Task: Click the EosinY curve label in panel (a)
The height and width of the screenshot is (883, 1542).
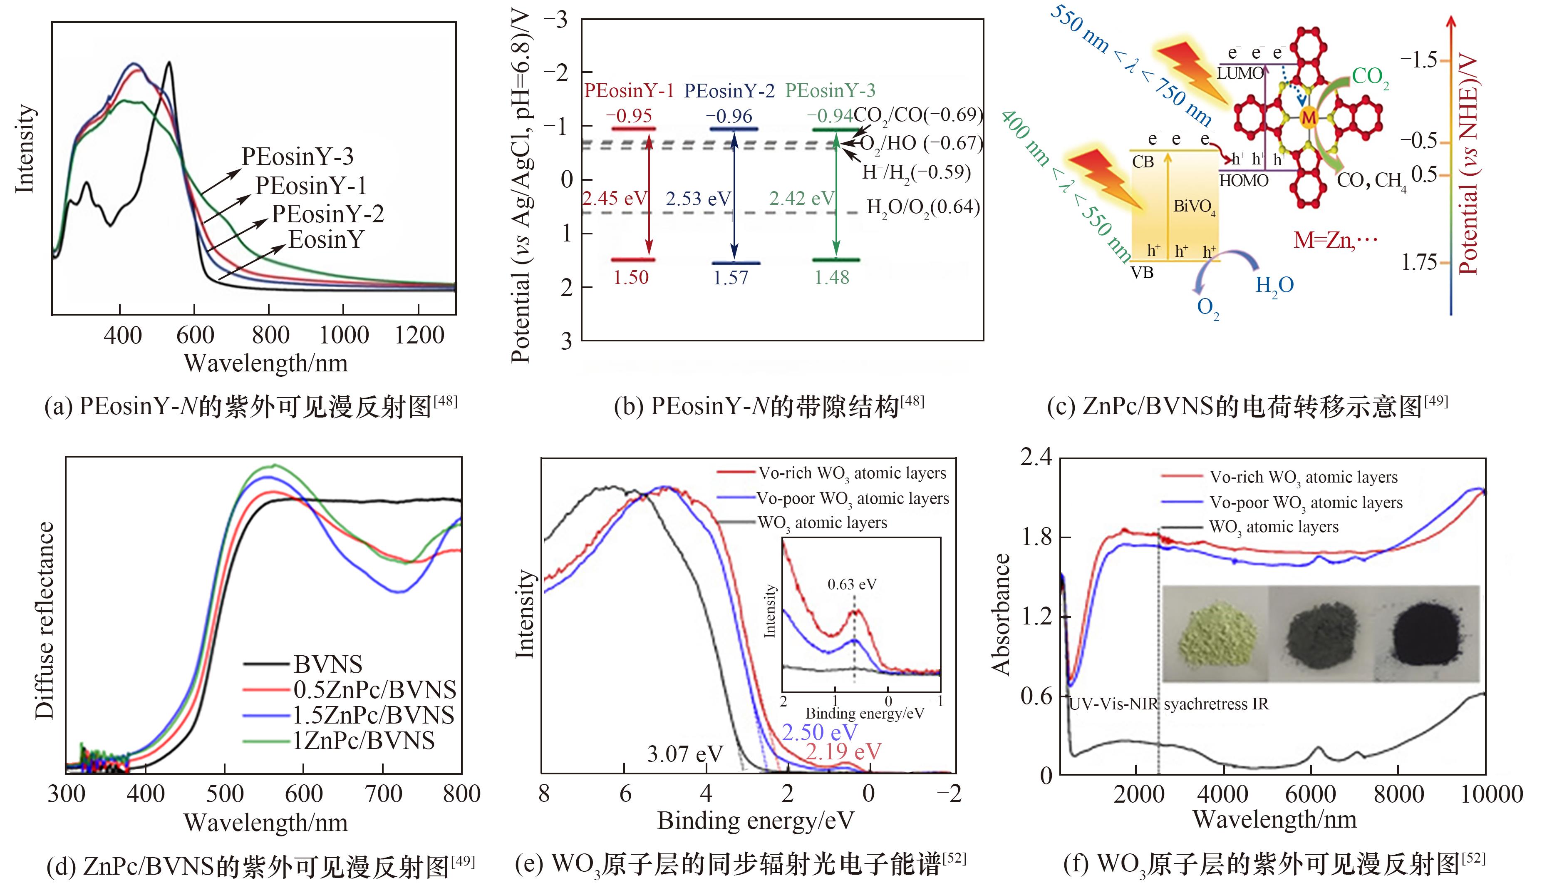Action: click(326, 240)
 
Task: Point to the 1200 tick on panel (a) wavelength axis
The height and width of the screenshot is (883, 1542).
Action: click(419, 335)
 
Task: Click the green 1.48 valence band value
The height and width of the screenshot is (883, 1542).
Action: click(832, 278)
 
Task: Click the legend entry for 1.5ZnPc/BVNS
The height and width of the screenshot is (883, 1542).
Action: click(373, 716)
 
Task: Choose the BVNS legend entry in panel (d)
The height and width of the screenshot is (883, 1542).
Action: click(328, 665)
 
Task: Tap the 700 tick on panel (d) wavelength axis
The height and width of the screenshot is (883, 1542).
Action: click(384, 794)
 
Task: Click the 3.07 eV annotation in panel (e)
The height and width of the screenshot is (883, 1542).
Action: click(685, 754)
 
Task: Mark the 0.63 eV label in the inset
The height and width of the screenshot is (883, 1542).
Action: click(852, 584)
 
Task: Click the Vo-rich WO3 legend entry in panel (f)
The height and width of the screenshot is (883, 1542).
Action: click(1303, 477)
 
